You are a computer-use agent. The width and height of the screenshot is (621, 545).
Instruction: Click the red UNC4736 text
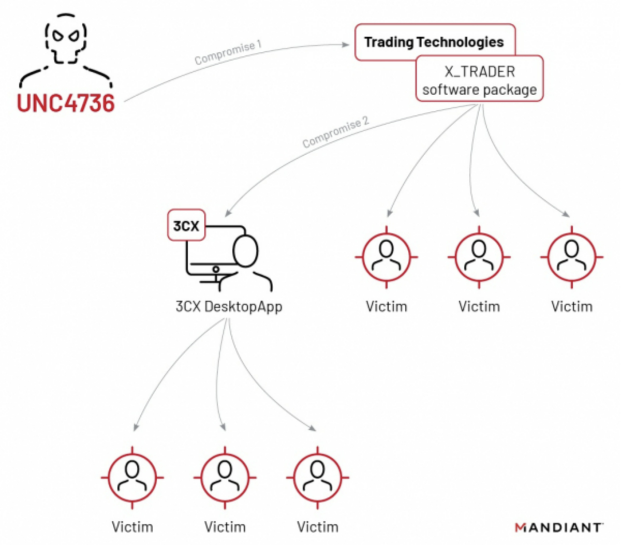click(66, 102)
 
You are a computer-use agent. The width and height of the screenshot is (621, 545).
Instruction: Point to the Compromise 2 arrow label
click(335, 132)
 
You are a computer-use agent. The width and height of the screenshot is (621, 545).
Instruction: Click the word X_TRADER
click(480, 71)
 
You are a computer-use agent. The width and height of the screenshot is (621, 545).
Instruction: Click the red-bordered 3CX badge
click(186, 226)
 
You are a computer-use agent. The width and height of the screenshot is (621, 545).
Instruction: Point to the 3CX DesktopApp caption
click(229, 306)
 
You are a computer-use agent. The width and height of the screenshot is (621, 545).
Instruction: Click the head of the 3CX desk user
click(245, 251)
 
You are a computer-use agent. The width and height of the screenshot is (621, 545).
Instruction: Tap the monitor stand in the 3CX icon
click(215, 274)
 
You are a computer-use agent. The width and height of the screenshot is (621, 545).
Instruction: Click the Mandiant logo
click(559, 527)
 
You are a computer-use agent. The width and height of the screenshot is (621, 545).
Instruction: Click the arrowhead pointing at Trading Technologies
click(346, 45)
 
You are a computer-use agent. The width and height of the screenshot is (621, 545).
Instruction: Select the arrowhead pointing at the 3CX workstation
click(228, 213)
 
